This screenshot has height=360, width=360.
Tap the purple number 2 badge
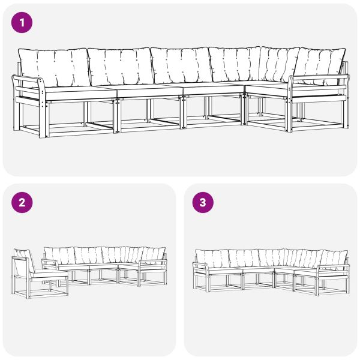[x=22, y=202]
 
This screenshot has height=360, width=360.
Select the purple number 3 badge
[x=202, y=202]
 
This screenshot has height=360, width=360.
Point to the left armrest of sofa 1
[x=28, y=82]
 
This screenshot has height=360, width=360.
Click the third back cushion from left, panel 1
[x=180, y=65]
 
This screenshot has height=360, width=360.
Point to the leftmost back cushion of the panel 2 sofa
[x=59, y=254]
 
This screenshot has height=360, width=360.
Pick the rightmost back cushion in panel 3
[x=333, y=258]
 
